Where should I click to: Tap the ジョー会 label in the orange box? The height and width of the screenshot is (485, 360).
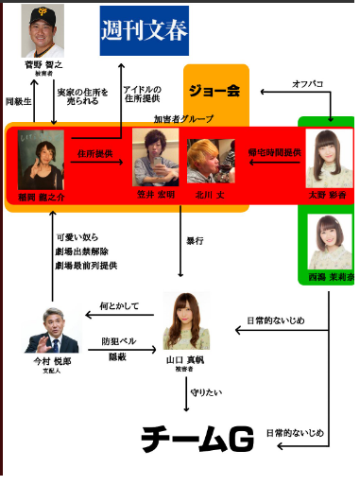[215, 92]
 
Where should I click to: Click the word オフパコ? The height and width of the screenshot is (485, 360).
[308, 84]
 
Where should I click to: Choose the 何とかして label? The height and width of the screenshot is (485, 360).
[118, 307]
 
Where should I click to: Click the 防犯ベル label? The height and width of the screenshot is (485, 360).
[118, 340]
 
